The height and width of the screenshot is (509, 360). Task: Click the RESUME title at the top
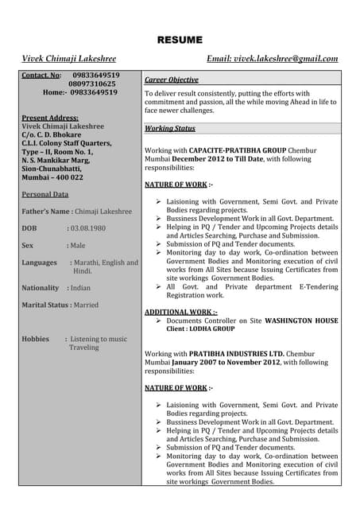click(x=180, y=40)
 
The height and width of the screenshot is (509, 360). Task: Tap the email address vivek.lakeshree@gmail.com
click(x=285, y=59)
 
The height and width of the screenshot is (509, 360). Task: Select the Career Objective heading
click(x=172, y=80)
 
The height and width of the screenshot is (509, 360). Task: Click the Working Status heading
click(x=170, y=128)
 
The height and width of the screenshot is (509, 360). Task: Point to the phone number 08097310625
click(x=92, y=84)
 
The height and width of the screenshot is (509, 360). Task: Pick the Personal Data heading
click(x=45, y=194)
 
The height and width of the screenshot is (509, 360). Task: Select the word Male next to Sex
click(x=77, y=246)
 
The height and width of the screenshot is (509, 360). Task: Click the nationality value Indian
click(x=80, y=288)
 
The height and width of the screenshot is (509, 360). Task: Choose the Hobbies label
click(x=36, y=339)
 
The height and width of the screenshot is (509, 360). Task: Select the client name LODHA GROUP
click(x=211, y=328)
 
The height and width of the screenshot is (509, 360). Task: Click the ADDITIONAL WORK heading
click(x=180, y=312)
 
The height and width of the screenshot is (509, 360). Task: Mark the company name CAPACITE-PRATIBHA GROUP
click(x=241, y=150)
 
